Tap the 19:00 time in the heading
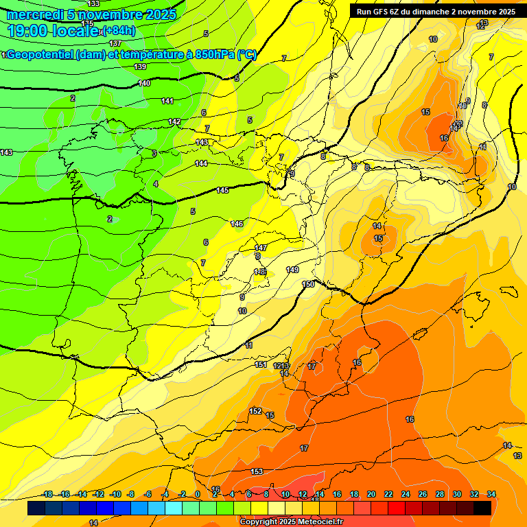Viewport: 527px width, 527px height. [28, 31]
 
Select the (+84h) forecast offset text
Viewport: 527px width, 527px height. [118, 31]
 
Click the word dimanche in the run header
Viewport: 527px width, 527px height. [425, 12]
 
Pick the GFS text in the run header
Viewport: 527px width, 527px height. [382, 12]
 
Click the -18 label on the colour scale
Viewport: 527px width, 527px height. [47, 494]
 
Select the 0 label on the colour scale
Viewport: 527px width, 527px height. [197, 494]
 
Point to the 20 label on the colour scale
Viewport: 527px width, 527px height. [371, 494]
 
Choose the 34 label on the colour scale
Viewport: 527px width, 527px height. [491, 494]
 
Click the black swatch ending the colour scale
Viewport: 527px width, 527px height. [482, 508]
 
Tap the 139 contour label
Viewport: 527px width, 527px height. [141, 67]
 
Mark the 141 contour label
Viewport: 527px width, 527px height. [167, 101]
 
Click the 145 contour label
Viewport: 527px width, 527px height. [222, 190]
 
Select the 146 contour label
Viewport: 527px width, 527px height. [237, 224]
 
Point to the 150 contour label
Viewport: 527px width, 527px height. [308, 284]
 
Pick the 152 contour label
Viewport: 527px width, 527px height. [255, 411]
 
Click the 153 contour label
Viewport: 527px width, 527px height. [257, 471]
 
